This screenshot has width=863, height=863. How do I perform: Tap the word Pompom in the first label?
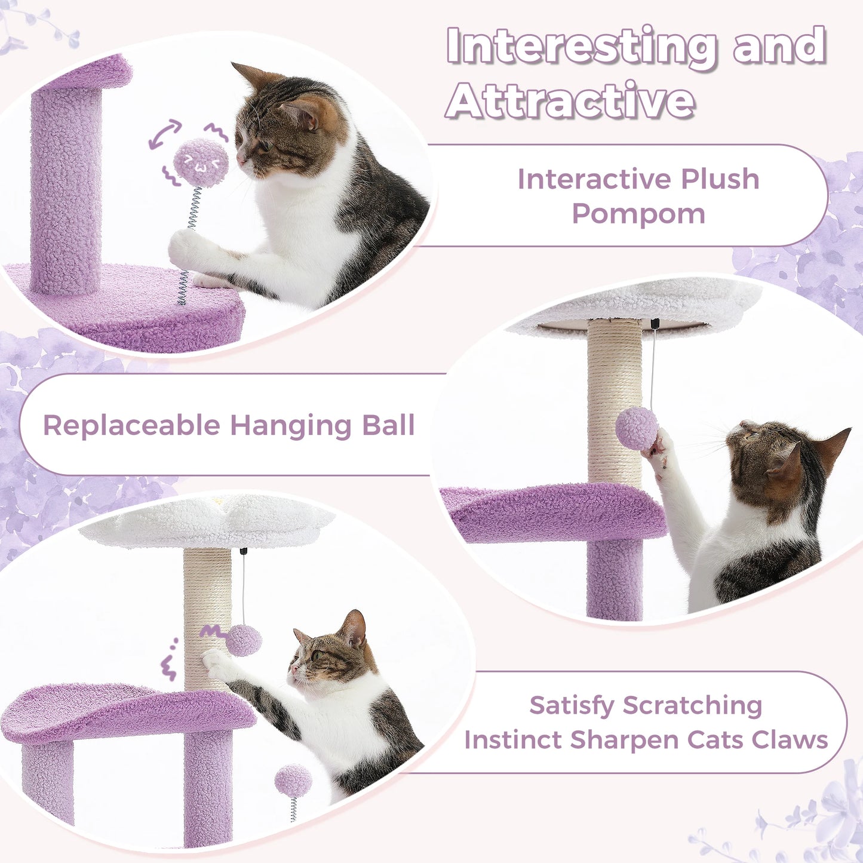click(638, 214)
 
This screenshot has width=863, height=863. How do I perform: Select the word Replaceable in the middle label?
click(131, 426)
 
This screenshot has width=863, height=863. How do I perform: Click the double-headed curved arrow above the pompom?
click(165, 133)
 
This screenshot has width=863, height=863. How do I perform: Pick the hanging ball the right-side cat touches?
click(637, 428)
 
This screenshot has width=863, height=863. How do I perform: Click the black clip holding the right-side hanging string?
click(655, 324)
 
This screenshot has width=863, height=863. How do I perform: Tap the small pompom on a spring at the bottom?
click(293, 782)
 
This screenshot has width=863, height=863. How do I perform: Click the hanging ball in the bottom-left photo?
click(244, 640)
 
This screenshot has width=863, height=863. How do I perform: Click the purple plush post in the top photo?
click(66, 191)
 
